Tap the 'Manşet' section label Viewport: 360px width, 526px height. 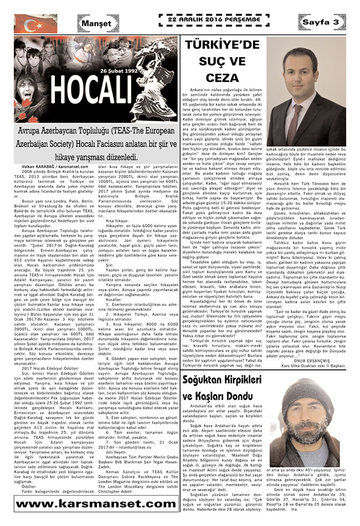tap(97, 24)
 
